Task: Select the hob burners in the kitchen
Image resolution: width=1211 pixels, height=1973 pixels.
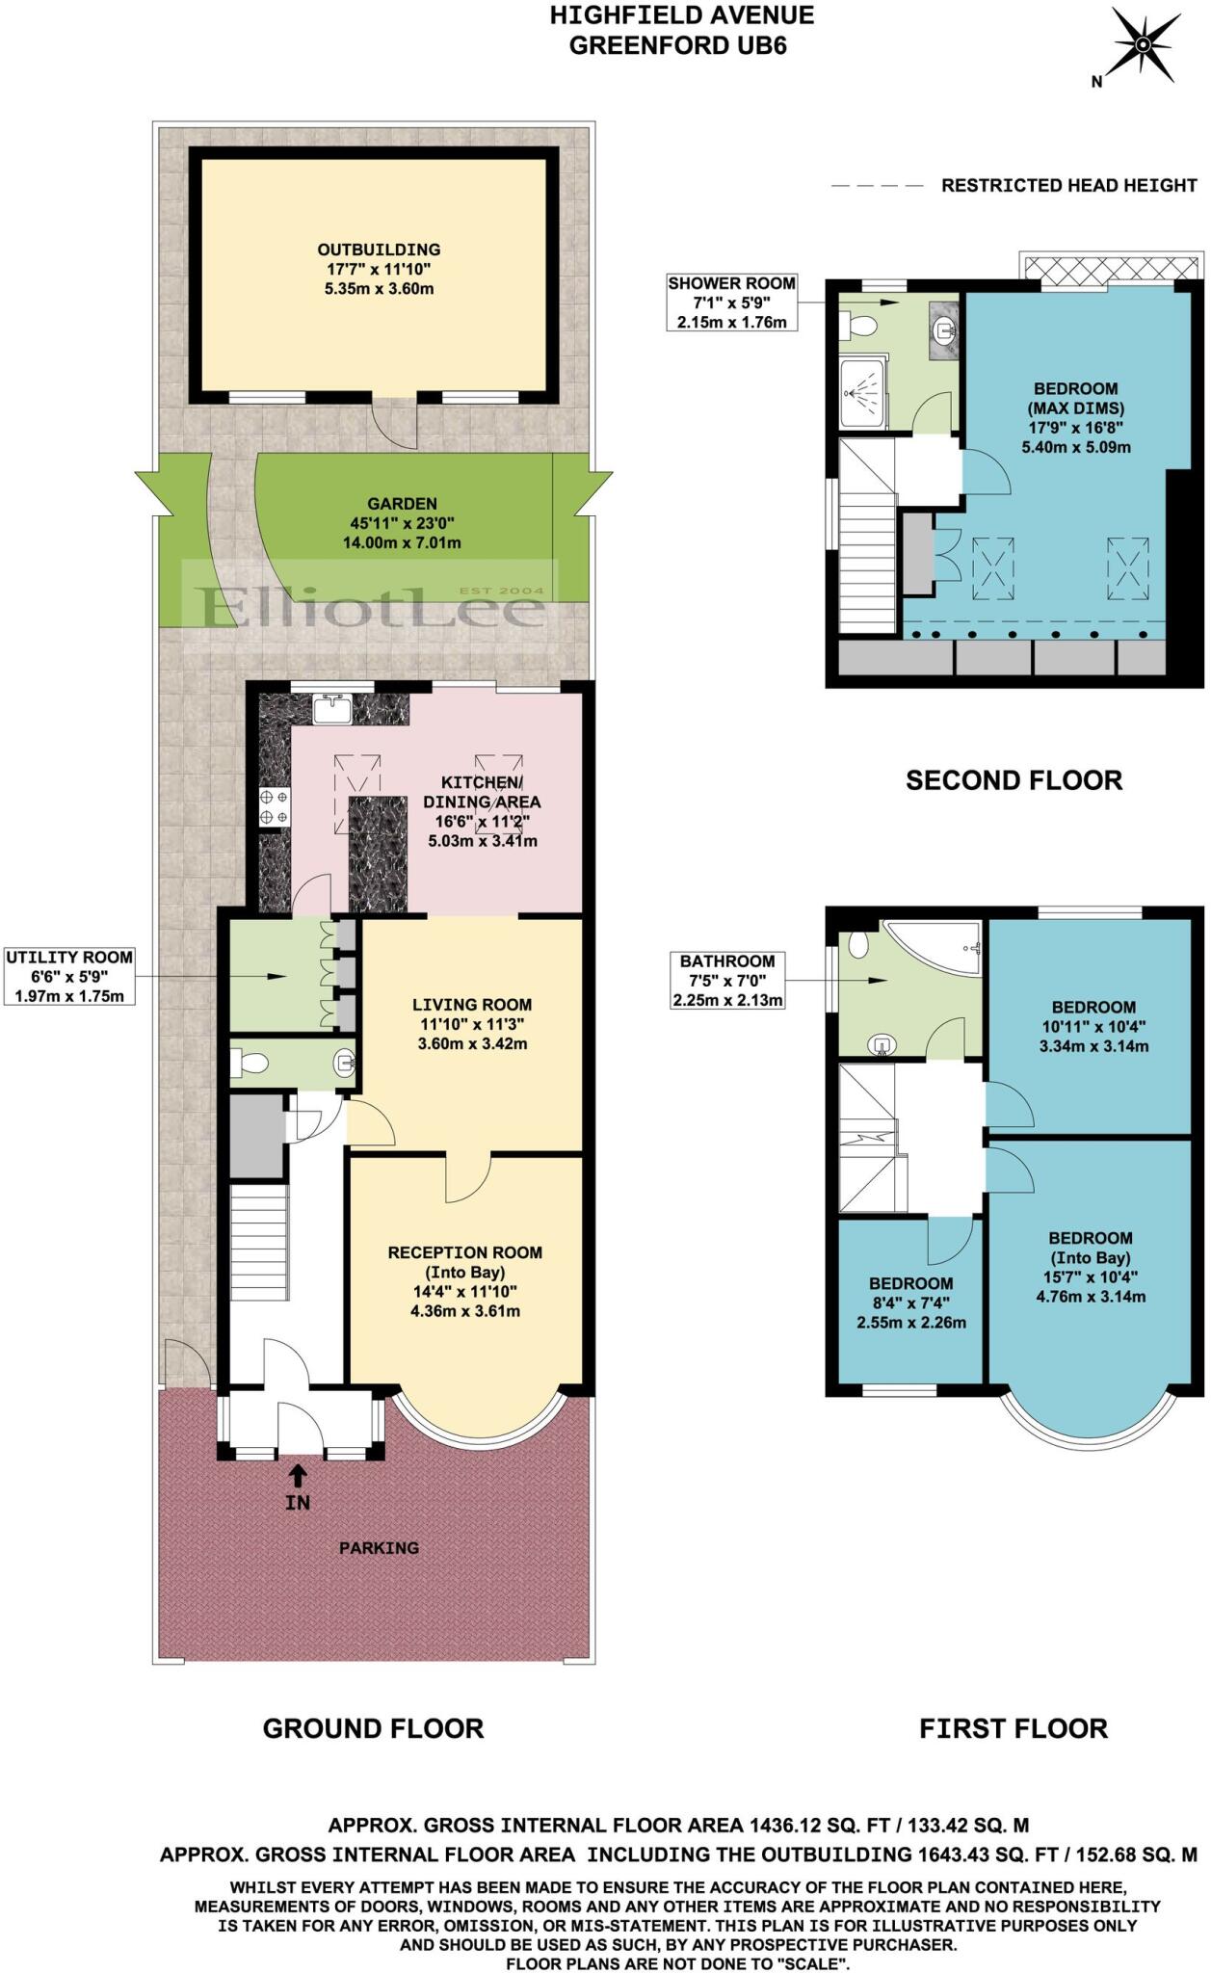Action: tap(274, 806)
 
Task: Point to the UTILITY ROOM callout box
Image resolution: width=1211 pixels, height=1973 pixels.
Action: tap(69, 976)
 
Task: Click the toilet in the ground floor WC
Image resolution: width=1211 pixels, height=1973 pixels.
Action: tap(251, 1064)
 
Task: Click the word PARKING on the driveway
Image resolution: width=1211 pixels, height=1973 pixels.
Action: tap(379, 1548)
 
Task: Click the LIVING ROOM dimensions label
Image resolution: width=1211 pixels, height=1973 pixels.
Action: tap(472, 1024)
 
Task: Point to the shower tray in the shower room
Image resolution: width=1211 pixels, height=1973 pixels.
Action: tap(862, 392)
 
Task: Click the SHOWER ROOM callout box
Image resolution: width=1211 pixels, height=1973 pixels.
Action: tap(731, 303)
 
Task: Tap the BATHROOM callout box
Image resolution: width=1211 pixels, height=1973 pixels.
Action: tap(727, 980)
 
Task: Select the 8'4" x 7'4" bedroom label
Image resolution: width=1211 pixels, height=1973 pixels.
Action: tap(910, 1302)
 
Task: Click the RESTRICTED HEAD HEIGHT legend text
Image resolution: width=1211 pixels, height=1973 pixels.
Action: tap(1068, 186)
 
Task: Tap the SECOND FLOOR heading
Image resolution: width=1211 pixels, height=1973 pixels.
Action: tap(1014, 780)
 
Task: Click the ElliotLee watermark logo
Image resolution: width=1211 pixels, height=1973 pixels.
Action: tap(371, 607)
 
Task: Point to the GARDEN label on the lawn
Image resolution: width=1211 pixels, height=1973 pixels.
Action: tap(402, 523)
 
